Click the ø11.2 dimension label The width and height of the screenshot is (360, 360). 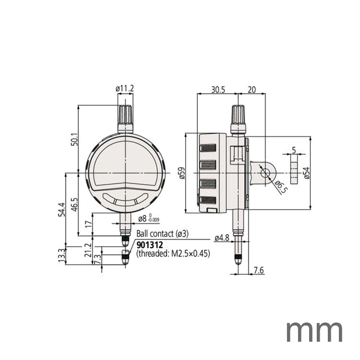125,89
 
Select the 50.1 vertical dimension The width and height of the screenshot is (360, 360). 75,139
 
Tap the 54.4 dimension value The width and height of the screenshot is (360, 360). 62,209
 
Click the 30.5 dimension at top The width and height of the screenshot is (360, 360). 218,90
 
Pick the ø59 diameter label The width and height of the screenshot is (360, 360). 181,173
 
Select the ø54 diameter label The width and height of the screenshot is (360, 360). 306,173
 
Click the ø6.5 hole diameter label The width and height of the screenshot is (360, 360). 281,187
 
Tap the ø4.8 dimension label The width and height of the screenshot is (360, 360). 222,238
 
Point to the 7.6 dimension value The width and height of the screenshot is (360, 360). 258,270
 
